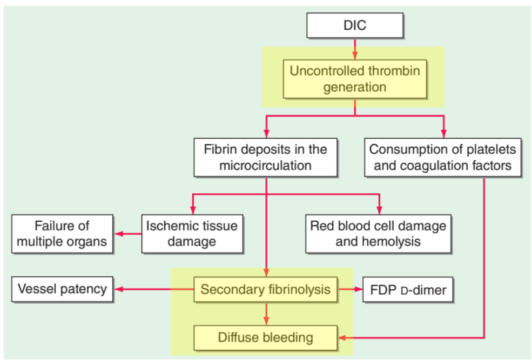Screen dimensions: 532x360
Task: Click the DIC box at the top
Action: (x=355, y=25)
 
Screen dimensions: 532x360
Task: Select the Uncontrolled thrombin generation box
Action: (x=355, y=79)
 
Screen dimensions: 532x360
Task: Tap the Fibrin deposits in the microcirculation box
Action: (x=266, y=157)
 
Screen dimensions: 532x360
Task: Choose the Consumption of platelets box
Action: (x=443, y=157)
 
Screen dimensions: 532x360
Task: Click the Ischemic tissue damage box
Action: (x=192, y=234)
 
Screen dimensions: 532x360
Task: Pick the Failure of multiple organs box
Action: (x=63, y=234)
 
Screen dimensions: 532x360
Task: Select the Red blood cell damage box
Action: (x=378, y=234)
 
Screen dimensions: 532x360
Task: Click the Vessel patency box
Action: (x=63, y=289)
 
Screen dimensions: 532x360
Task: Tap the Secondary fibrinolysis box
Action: (x=266, y=289)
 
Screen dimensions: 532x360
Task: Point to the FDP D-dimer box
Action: (x=408, y=289)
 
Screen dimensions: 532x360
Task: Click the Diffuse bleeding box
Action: (x=266, y=338)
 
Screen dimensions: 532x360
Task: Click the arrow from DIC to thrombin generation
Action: (x=355, y=49)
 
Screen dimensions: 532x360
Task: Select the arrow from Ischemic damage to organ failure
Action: (x=128, y=234)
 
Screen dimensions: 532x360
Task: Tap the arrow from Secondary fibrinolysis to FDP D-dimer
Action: (x=351, y=289)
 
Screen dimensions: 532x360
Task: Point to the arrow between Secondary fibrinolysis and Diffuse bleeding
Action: (x=266, y=314)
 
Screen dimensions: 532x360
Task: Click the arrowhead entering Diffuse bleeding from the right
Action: (x=342, y=338)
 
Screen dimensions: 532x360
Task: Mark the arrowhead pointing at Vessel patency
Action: (x=118, y=289)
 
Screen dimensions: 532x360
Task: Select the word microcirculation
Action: (x=265, y=165)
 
